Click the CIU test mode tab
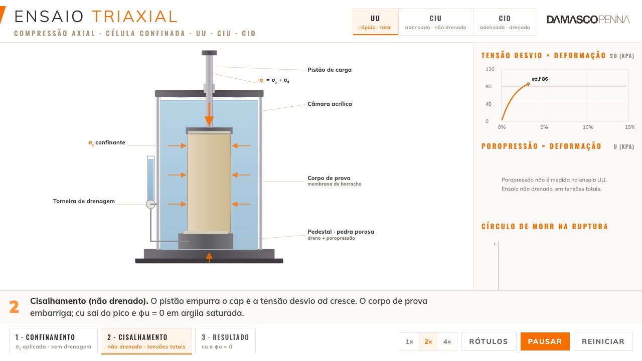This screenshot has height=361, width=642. (436, 22)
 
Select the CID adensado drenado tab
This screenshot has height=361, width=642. (505, 22)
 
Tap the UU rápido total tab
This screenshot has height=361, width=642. (376, 22)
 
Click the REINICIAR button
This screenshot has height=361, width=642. (603, 341)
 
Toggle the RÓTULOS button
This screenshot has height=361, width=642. (489, 341)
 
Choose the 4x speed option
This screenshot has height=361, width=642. (447, 341)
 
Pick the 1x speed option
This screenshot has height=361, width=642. (410, 341)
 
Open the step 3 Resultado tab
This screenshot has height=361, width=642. (225, 341)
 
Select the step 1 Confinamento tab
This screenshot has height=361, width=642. (53, 341)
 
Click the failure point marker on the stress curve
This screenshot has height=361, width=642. (528, 84)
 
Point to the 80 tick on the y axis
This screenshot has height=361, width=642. (489, 87)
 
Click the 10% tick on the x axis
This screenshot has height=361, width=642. (588, 127)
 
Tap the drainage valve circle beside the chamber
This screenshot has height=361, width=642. (151, 204)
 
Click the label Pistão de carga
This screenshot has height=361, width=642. (330, 70)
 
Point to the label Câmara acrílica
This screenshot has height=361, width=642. (330, 104)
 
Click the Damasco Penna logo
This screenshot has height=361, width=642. (588, 20)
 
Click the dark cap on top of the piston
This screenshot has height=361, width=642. (209, 53)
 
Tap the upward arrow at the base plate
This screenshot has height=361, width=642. (209, 257)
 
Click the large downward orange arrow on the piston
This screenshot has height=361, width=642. (209, 115)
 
